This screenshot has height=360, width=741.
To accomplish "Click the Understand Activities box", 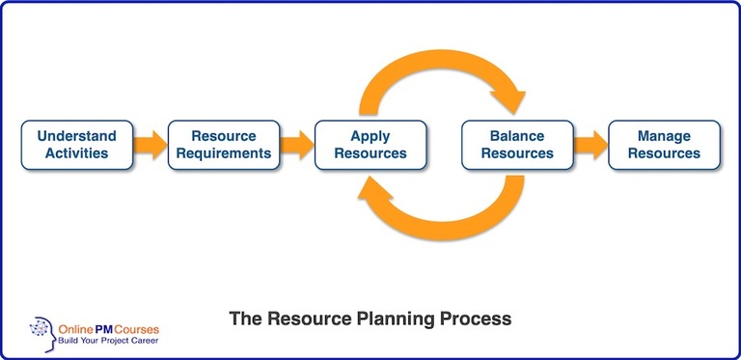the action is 77,145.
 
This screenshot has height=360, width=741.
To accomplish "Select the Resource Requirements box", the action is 224,145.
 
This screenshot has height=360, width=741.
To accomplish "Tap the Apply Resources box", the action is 370,145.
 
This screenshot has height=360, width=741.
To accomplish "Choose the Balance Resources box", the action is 517,145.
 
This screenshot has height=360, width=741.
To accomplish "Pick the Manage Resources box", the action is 664,145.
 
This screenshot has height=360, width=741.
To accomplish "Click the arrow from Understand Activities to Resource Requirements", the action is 151,145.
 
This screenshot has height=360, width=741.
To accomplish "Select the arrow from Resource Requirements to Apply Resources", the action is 297,145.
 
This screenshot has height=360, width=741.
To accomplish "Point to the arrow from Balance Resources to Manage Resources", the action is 590,145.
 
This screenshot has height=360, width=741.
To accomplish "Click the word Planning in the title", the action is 396,318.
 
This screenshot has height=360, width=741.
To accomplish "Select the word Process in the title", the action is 476,318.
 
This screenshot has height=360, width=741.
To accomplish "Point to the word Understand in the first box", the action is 77,136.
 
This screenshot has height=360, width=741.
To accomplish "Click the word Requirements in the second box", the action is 224,153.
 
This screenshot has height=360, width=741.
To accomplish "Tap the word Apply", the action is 370,137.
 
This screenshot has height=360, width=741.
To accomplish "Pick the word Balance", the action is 517,136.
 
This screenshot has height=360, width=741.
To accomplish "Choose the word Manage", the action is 664,137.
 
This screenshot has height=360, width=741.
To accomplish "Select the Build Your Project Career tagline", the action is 108,341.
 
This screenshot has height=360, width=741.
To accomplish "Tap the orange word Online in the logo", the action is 73,329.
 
